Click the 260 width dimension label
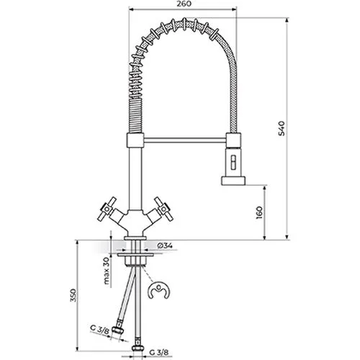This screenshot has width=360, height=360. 185,4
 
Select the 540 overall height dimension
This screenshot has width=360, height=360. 282,129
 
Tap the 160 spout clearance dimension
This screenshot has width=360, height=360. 259,212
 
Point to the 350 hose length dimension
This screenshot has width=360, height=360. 73,295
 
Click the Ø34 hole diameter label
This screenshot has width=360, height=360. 165,246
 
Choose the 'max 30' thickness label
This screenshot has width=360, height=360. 107,271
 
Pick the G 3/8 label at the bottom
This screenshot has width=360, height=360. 159,352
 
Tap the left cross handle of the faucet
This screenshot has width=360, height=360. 107,209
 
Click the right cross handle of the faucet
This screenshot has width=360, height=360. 163,209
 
